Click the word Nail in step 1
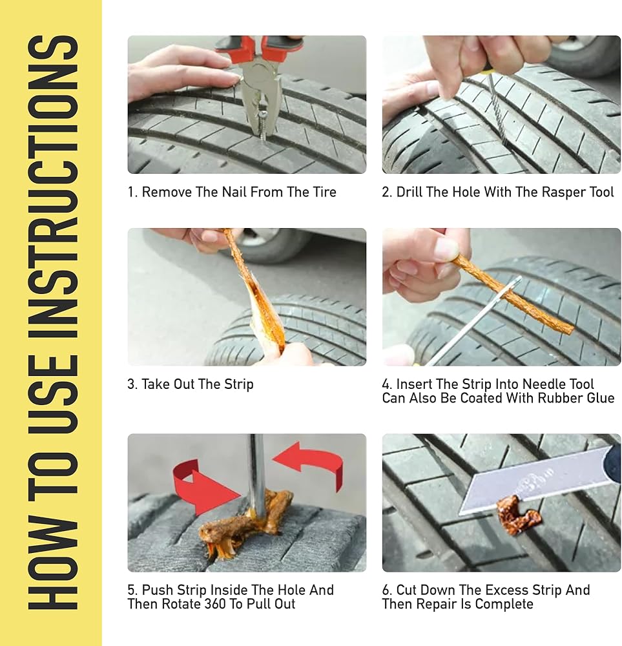coord(234,192)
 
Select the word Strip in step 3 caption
coord(238,384)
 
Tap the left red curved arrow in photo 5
coord(202,487)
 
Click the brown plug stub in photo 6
coord(517,514)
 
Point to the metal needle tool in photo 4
coord(473,321)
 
